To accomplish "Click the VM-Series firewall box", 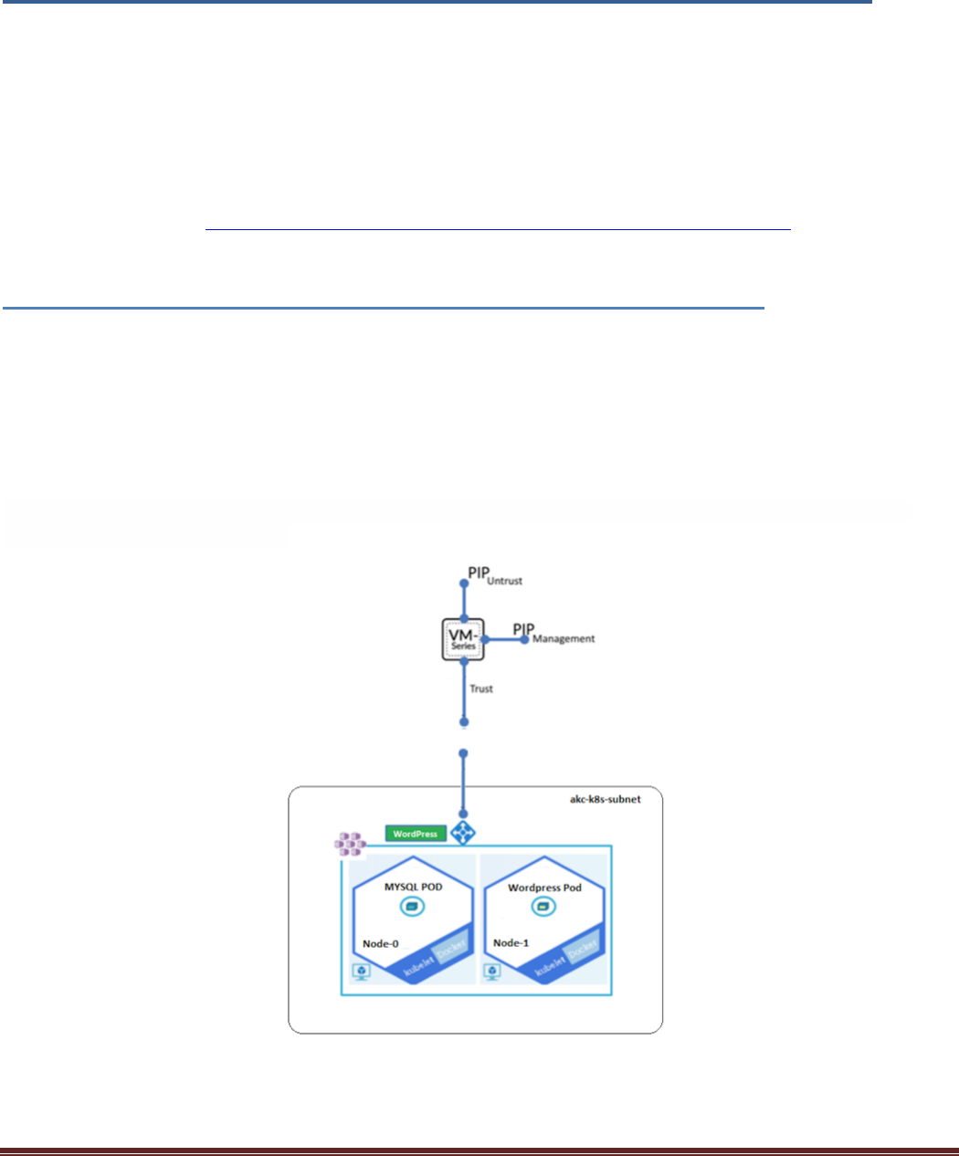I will coord(463,639).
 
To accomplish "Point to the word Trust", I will coord(481,688).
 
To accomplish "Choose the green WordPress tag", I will coord(416,834).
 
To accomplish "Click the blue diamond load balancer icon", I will coord(463,833).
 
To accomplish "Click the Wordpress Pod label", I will coord(545,888).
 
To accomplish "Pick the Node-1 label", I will coord(511,943).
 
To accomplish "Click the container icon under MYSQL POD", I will coord(411,906).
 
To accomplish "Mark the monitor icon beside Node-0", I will coord(362,972).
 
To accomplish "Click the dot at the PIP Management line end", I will coord(524,640).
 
